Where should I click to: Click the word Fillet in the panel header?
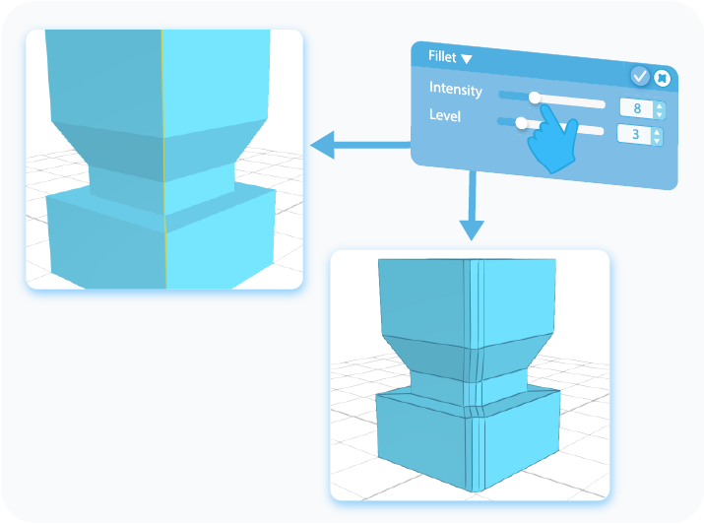441,57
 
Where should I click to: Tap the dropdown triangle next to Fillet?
467,59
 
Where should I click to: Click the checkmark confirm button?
639,76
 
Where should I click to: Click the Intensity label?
455,90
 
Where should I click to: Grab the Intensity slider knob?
535,97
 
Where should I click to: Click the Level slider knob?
521,122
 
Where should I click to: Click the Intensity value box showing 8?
635,109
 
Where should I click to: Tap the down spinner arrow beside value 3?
659,140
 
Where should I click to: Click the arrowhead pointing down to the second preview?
473,230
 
